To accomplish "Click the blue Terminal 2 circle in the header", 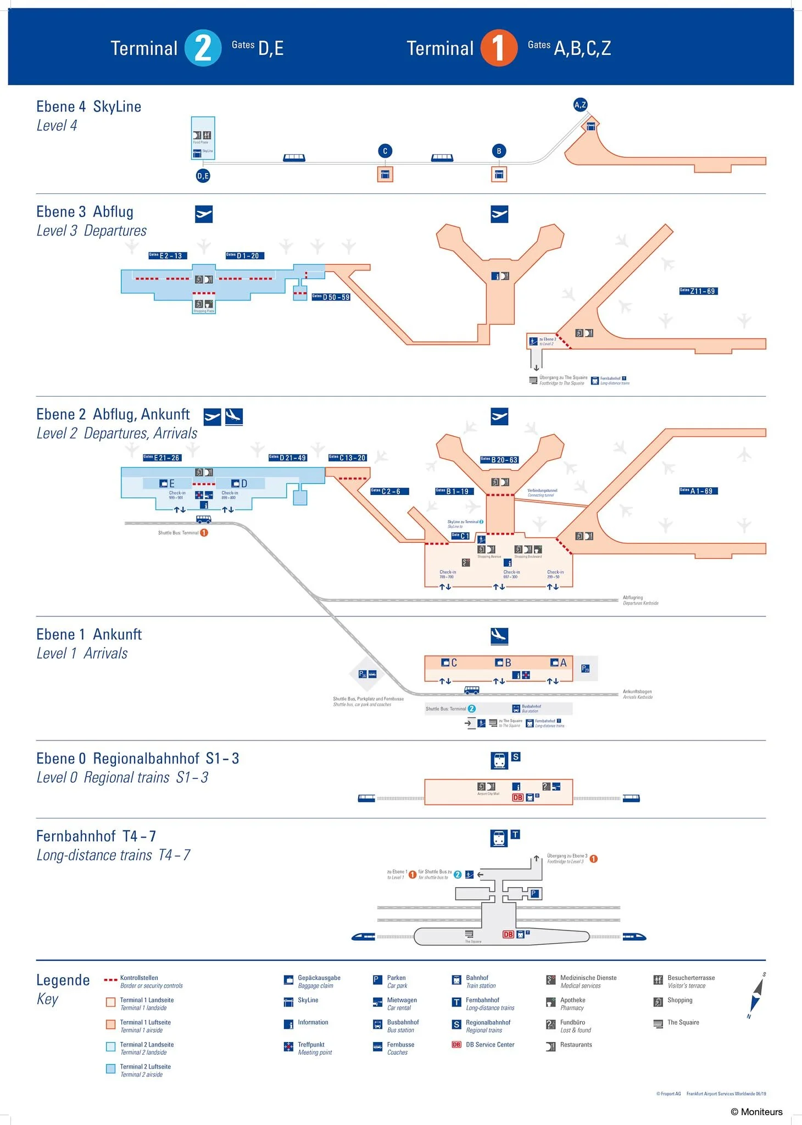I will coord(203,48).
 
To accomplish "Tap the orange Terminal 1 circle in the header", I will coord(498,48).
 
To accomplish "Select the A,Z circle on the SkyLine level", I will coord(580,104).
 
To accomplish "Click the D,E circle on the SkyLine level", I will coord(203,176).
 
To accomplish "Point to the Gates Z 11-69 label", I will coord(698,291).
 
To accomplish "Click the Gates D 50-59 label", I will coord(331,297).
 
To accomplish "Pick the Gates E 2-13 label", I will coord(168,255).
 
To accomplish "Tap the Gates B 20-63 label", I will coord(499,460).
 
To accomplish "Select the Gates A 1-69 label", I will coord(698,491).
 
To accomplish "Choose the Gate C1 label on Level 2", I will coord(460,536).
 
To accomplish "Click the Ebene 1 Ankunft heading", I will coord(89,634).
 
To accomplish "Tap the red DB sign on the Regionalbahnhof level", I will coord(517,798).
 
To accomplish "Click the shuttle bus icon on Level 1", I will coord(471,690).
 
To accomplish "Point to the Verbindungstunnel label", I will coord(542,490).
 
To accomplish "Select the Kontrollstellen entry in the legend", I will coord(139,978).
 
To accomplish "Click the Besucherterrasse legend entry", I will coord(690,978).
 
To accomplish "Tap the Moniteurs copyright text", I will coord(756,1112).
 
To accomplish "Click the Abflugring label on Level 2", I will coord(633,598).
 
